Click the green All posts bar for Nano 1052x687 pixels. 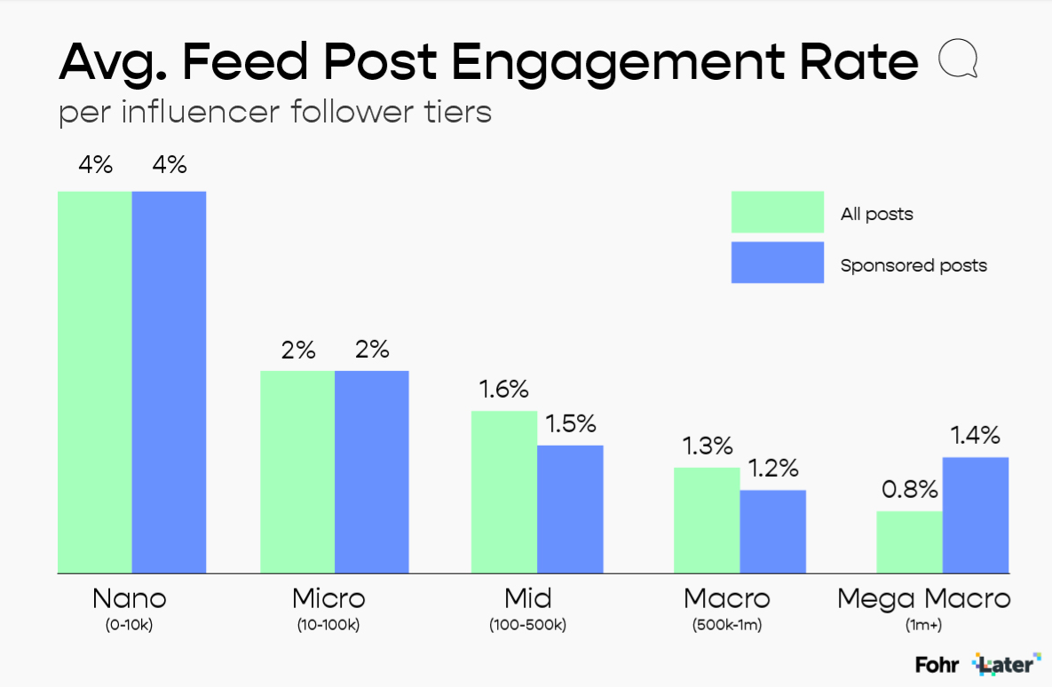coord(95,382)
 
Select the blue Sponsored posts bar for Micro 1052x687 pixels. coord(372,471)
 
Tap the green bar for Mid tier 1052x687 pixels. coord(504,492)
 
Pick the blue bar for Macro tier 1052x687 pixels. coord(772,531)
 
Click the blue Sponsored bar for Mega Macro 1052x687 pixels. coord(976,515)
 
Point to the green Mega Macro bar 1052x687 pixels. coord(909,541)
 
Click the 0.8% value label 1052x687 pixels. coord(909,489)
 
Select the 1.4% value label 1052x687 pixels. coord(975,436)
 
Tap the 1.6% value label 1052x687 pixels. coord(503,390)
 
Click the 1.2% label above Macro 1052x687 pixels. coord(772,469)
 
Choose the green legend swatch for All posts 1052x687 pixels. coord(777,212)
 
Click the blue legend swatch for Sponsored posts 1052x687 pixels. coord(777,263)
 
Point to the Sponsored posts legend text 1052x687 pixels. coord(914,265)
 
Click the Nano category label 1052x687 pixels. coord(130,598)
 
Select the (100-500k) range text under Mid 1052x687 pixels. coord(527,625)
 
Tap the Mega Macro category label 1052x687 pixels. coord(924,598)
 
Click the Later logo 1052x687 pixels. coord(1007,663)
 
